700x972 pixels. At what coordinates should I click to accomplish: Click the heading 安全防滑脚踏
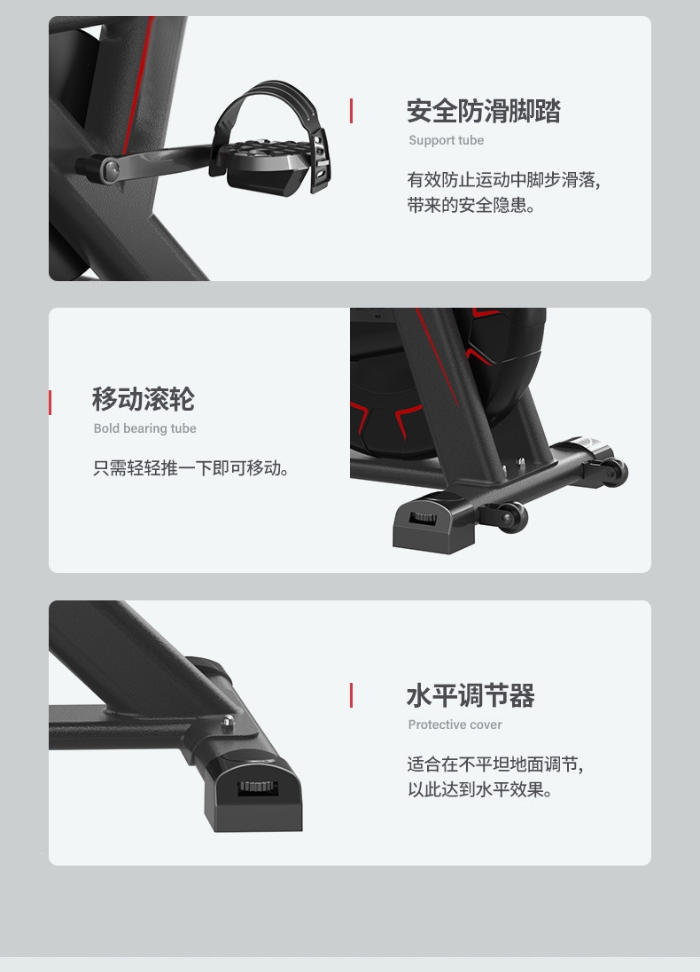(x=483, y=112)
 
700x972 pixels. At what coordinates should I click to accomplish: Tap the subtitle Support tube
(x=446, y=140)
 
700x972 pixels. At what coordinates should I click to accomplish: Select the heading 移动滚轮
(x=143, y=399)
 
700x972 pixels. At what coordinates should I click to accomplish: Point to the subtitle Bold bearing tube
(x=145, y=428)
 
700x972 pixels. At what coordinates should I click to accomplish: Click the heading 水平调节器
(x=471, y=695)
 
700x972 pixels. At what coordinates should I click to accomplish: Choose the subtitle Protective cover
(x=455, y=725)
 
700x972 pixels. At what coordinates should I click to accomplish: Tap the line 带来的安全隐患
(x=471, y=205)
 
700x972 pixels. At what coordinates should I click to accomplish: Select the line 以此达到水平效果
(x=479, y=789)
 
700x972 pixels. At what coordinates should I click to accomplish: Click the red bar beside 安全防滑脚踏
(x=351, y=111)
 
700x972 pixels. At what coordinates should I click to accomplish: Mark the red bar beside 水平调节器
(x=351, y=695)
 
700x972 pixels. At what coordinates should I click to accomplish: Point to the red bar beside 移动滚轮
(x=51, y=403)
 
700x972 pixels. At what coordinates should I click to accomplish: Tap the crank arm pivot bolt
(x=110, y=169)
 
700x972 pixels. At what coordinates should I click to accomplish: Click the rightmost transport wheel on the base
(x=614, y=473)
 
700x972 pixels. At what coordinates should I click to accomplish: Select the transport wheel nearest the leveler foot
(x=512, y=516)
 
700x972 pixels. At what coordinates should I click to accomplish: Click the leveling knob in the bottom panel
(x=258, y=787)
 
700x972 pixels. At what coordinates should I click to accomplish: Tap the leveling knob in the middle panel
(x=424, y=516)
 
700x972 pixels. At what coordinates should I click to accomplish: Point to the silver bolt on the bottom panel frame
(x=228, y=722)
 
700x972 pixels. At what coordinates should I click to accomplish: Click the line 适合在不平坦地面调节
(x=495, y=764)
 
